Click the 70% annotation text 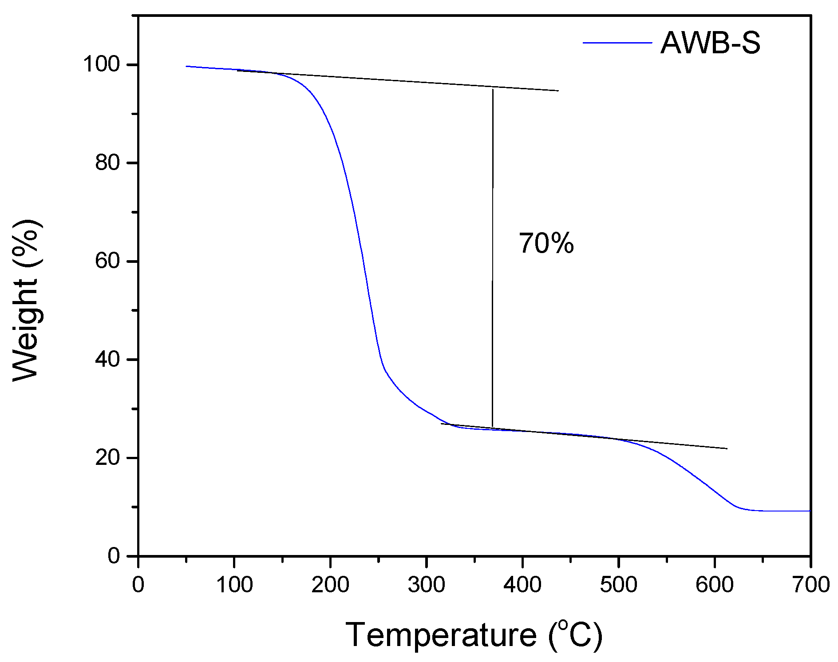click(546, 244)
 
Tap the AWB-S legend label click(710, 43)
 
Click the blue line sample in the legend click(617, 43)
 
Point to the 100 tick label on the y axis click(102, 65)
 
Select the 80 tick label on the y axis click(107, 163)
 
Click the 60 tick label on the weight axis click(107, 261)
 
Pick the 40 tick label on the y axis click(107, 359)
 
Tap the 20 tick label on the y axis click(107, 458)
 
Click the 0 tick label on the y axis click(114, 556)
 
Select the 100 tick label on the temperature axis click(234, 585)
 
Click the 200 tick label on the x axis click(330, 585)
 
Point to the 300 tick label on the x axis click(427, 585)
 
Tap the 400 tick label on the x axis click(522, 585)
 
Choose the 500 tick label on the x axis click(619, 585)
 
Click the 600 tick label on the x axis click(715, 585)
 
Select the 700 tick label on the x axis click(810, 585)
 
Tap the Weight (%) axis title click(27, 300)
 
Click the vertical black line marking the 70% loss click(492, 258)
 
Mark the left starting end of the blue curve click(187, 66)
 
